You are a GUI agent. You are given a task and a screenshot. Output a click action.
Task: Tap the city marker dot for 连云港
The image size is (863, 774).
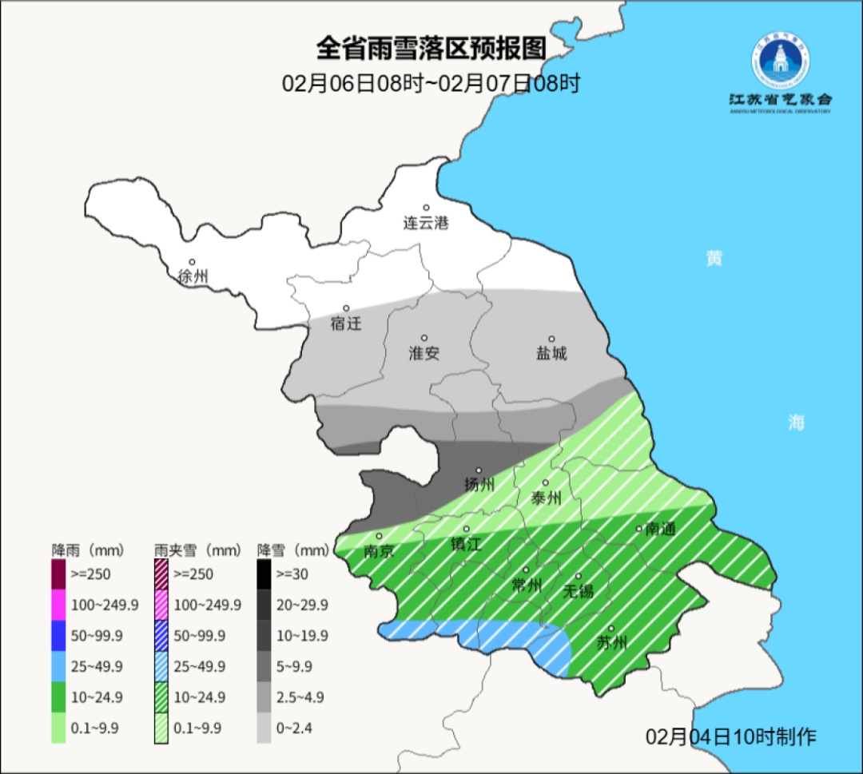[x=427, y=208]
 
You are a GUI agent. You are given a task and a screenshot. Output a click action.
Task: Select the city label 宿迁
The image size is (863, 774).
[x=346, y=323]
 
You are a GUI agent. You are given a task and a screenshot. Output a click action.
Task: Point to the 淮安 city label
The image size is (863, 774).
[x=424, y=353]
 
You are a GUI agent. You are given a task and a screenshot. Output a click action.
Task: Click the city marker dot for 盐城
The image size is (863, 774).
[x=551, y=339]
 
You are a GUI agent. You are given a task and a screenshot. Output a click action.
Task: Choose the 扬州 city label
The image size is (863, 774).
[x=479, y=485]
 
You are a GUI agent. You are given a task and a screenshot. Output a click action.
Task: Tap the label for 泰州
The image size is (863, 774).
[x=546, y=498]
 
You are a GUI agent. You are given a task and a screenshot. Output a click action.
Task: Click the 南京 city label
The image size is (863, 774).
[x=379, y=551]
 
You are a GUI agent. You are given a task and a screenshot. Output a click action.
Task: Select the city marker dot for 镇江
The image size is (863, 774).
[x=467, y=529]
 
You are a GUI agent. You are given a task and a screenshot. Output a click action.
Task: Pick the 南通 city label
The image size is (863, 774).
[x=661, y=529]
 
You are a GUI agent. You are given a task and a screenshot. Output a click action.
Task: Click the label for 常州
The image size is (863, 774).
[x=527, y=585]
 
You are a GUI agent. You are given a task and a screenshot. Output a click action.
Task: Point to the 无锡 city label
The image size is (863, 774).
[x=578, y=591]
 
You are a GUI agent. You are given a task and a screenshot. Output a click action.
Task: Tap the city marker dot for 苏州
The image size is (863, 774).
[x=610, y=629]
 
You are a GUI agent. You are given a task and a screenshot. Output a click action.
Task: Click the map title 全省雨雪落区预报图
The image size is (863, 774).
[x=431, y=49]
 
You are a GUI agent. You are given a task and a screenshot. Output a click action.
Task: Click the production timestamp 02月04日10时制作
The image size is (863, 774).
[x=731, y=736]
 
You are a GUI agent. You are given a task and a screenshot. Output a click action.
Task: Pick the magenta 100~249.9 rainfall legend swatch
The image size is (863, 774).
[x=58, y=605]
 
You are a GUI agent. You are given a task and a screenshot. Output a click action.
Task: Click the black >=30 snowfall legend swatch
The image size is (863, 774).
[x=264, y=574]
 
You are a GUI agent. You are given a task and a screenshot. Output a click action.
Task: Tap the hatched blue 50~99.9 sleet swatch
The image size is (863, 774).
[x=161, y=635]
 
